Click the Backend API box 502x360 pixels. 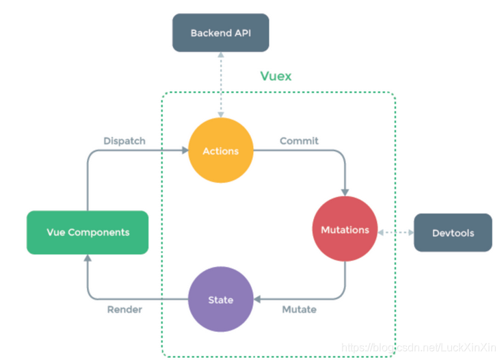pos(220,33)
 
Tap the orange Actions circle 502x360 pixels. pos(220,151)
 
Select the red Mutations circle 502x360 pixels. pos(345,230)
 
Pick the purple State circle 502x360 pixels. pos(220,300)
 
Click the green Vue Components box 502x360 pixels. pos(88,232)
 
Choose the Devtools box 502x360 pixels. pos(453,233)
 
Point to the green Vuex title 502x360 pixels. pos(276,76)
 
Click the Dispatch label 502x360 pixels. pos(124,141)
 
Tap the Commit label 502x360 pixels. pos(299,141)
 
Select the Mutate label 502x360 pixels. pos(299,309)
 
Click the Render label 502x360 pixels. pos(124,309)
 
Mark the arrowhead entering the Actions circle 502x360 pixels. pos(185,151)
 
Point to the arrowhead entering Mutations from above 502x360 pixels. pos(345,192)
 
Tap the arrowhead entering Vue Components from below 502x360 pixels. pos(88,258)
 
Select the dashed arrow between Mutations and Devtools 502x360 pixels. pos(395,233)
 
